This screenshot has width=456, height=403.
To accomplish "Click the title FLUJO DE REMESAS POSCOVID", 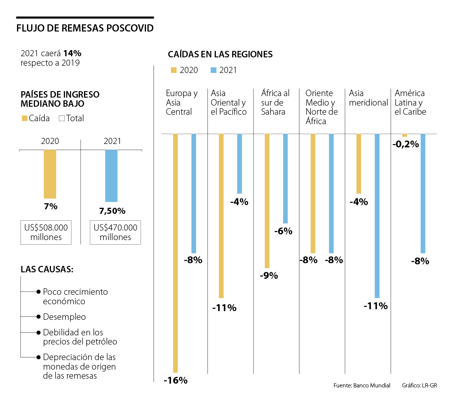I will (85, 28).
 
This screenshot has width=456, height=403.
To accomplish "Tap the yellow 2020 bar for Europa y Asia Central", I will (175, 253).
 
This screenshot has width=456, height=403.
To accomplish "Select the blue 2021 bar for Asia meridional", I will (377, 216).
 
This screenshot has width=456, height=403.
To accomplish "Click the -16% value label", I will (176, 380).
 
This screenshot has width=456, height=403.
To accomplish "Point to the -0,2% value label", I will (405, 144).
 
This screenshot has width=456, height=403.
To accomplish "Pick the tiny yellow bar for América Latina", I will (404, 135).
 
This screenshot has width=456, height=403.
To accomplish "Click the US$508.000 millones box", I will (46, 232).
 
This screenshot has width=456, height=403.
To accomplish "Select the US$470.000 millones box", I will (115, 232).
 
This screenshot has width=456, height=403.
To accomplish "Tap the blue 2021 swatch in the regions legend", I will (214, 70).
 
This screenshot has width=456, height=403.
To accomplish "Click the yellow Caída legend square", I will (25, 119).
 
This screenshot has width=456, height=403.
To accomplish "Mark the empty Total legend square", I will (62, 119).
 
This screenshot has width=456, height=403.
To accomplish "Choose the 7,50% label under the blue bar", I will (112, 211).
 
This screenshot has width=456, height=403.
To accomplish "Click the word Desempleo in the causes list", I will (64, 317).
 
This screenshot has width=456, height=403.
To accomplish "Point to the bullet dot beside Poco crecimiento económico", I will (38, 292).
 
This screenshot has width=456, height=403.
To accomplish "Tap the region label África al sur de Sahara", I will (275, 103).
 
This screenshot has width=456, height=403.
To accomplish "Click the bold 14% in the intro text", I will (72, 53).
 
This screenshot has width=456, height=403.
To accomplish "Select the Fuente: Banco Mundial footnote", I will (362, 386).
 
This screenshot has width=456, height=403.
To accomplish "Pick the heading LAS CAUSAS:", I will (47, 269).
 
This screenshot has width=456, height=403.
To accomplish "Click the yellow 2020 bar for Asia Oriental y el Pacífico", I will (221, 216).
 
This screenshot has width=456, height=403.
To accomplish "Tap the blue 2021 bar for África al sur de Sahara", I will (285, 179).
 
